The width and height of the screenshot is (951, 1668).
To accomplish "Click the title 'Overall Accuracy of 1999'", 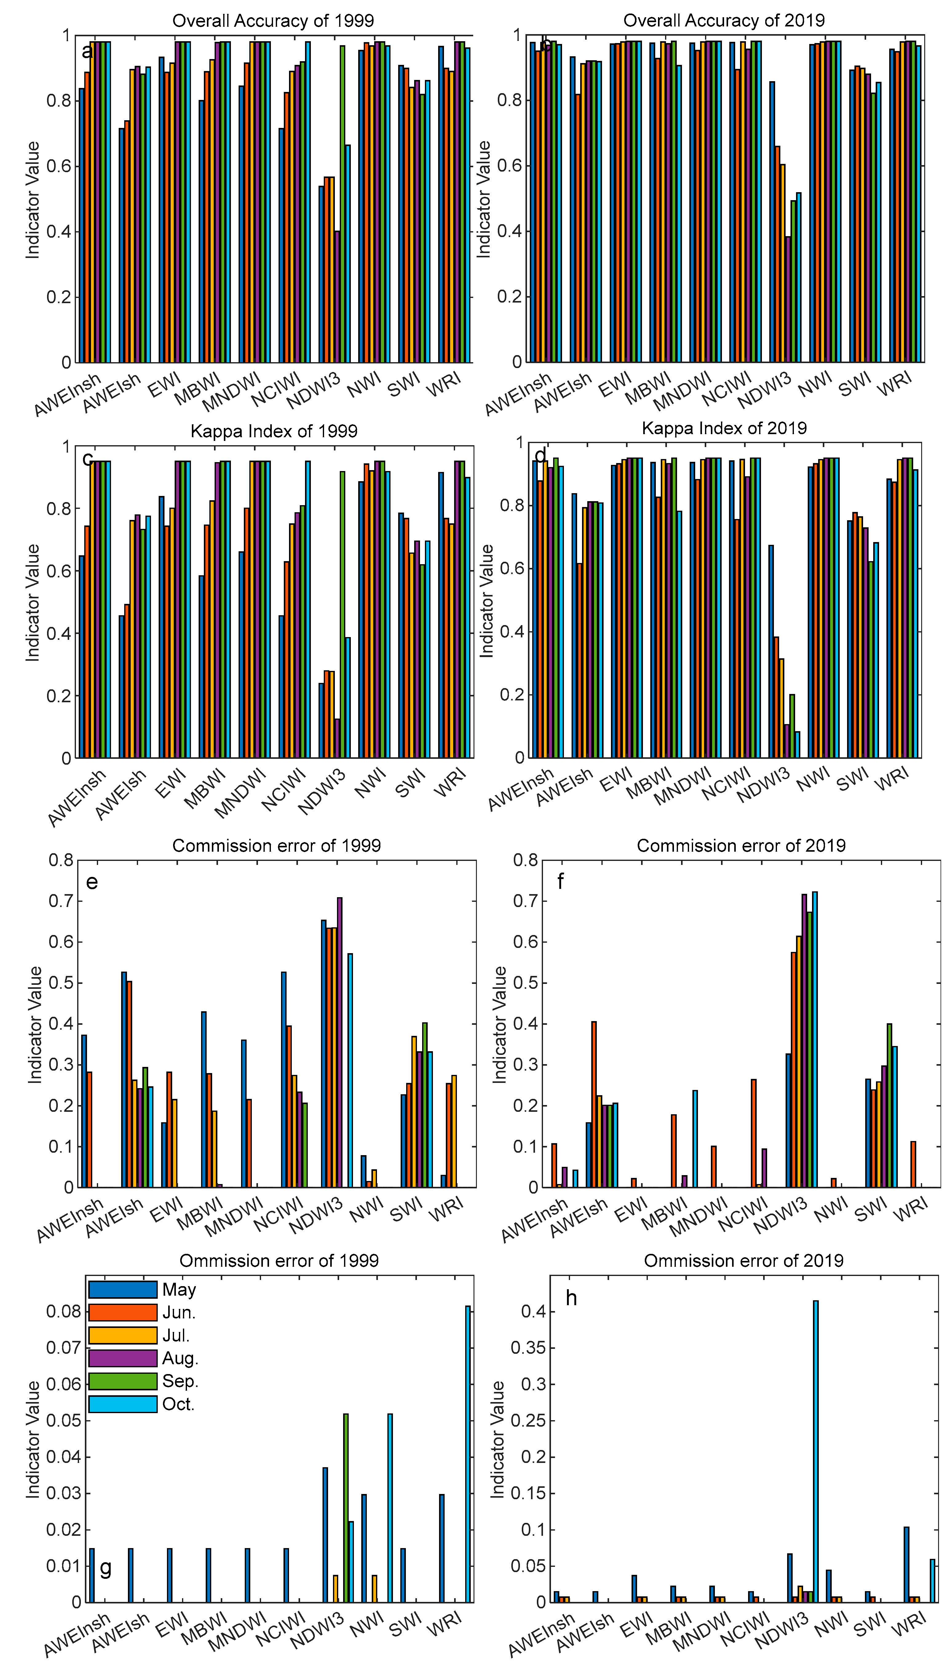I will [273, 21].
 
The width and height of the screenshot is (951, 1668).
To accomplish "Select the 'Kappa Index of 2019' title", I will [724, 428].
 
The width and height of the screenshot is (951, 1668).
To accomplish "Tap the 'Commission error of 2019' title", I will [741, 846].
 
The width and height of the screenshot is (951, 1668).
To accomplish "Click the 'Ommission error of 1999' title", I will [279, 1261].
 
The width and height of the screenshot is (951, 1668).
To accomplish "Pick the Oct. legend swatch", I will [123, 1404].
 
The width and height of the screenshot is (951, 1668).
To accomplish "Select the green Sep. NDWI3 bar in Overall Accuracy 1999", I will [342, 204].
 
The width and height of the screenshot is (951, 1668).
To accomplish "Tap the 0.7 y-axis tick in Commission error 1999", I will [61, 901].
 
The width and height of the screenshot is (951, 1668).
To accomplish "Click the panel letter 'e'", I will [92, 882].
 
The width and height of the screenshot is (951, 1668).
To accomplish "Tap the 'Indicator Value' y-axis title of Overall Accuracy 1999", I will [33, 200].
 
